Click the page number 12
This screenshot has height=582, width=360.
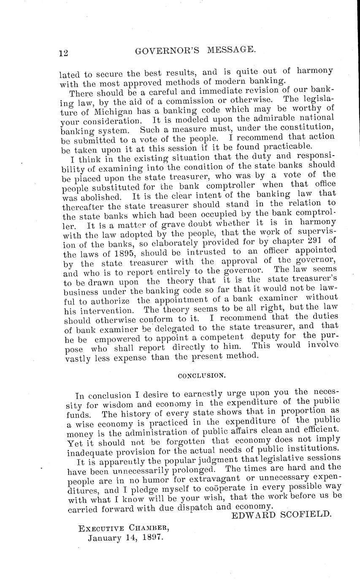click(x=64, y=53)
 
